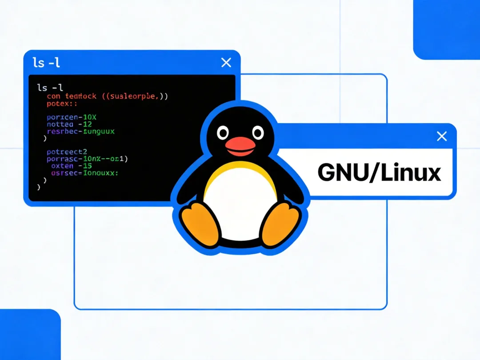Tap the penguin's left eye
coord(223,132)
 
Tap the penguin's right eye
coord(257,132)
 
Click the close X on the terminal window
coord(226,63)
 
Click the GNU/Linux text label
coord(379,173)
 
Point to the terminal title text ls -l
coord(46,63)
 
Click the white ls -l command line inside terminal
coord(50,88)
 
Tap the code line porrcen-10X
coord(71,117)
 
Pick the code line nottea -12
coord(69,124)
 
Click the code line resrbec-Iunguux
coord(80,132)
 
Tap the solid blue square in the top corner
coord(447,29)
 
